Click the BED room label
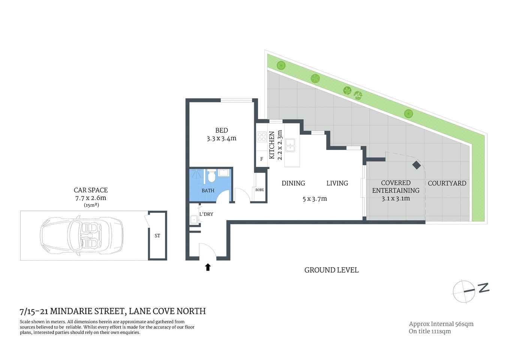[x=221, y=130]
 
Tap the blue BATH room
[x=208, y=190]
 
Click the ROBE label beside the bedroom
[x=259, y=190]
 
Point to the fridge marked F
[x=261, y=159]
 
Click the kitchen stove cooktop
[x=261, y=137]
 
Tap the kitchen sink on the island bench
[x=290, y=145]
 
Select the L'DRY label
[x=206, y=214]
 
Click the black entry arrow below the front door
[x=208, y=267]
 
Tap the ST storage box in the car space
[x=157, y=235]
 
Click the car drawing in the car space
[x=82, y=235]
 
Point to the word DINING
[x=293, y=183]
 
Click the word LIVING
[x=337, y=183]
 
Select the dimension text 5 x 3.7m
[x=314, y=199]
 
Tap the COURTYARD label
[x=447, y=183]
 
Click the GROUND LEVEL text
[x=331, y=270]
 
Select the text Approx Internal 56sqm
[x=441, y=324]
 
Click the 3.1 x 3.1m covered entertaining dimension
[x=395, y=199]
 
